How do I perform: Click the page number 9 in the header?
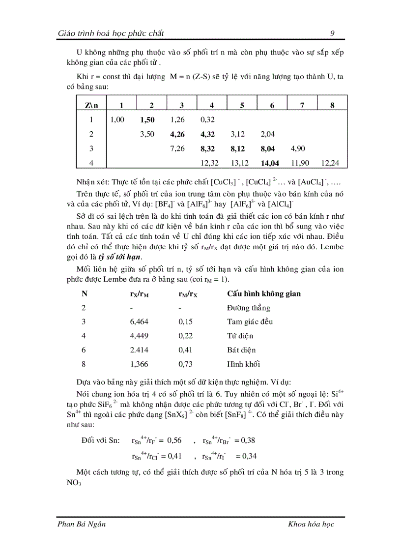point(333,33)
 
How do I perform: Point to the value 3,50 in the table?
point(147,134)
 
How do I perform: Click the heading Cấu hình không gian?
point(264,294)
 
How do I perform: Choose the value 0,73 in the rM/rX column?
point(184,364)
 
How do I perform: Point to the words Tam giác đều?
point(250,322)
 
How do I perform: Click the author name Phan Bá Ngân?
point(82,524)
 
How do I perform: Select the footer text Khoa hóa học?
point(311,524)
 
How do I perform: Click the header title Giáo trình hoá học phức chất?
point(111,33)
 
